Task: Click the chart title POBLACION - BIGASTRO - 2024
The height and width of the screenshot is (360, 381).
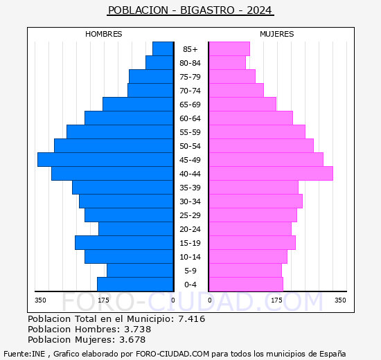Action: pos(190,10)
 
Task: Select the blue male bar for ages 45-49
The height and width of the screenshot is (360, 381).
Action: pos(105,159)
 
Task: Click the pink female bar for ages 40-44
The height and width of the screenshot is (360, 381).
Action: pos(270,173)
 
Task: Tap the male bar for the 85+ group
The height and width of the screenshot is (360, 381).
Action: pos(163,48)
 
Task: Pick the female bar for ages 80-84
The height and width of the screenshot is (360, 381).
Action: pos(227,62)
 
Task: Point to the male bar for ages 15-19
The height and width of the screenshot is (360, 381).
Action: pos(124,242)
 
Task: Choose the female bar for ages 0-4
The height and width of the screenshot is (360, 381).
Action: pos(246,284)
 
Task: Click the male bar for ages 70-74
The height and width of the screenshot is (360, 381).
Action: pos(150,90)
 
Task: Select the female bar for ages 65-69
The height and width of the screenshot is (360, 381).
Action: pos(242,104)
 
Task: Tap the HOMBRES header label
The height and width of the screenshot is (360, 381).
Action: pos(104,34)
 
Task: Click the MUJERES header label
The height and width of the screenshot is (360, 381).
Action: pos(277,34)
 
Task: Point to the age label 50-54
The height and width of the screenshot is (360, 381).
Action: pos(190,146)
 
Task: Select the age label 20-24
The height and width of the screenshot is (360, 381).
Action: pos(190,229)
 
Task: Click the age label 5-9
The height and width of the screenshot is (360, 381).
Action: pos(190,271)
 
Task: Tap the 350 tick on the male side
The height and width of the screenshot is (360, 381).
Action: pos(41,300)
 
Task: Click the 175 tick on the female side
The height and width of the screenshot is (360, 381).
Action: pos(277,300)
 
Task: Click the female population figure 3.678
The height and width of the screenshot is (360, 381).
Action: pos(132,339)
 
